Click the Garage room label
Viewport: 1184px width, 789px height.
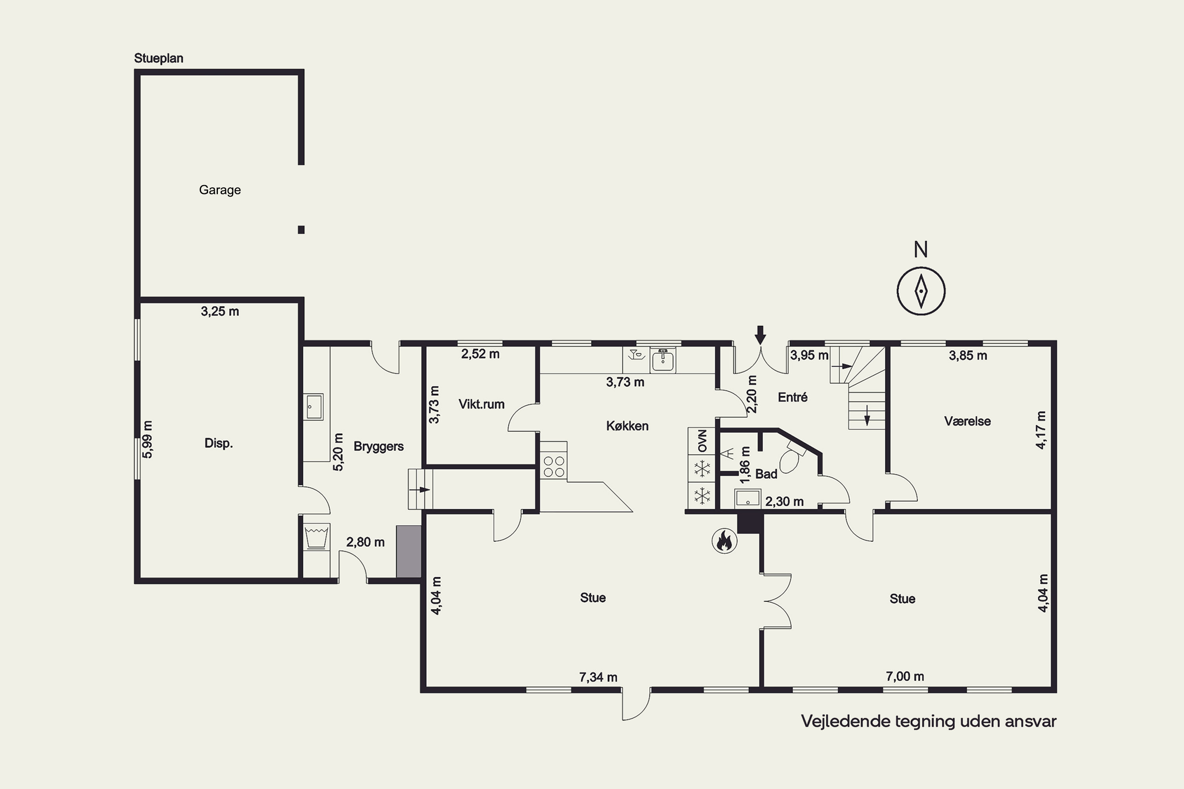(220, 190)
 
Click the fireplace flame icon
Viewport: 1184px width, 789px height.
(724, 541)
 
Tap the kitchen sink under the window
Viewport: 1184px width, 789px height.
(663, 360)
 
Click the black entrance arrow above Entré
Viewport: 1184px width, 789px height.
(760, 335)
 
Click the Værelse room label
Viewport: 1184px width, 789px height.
(968, 421)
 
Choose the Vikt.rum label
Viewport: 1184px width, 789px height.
(481, 404)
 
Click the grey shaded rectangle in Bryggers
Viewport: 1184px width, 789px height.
(409, 552)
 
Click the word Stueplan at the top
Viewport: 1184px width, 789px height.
(159, 58)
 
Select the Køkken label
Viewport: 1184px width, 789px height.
(627, 426)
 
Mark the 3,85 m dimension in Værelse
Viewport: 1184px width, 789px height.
(968, 356)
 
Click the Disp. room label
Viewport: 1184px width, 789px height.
(219, 444)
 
